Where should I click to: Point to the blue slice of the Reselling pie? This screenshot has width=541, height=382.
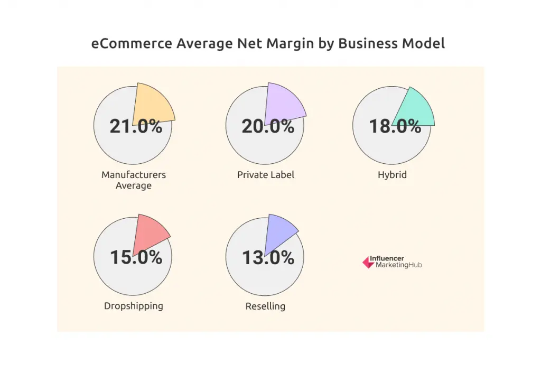coord(280,229)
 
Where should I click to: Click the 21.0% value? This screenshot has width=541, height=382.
coord(136,127)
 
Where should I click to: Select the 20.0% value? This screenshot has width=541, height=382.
coord(268,127)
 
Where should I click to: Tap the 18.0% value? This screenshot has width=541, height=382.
coord(395,127)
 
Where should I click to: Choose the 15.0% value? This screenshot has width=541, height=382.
coord(136,257)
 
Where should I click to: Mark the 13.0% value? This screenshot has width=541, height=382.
coord(268,257)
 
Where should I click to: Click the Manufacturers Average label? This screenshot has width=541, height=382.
coord(134,180)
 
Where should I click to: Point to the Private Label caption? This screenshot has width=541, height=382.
coord(266,174)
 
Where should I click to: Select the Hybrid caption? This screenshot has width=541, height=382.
coord(393,174)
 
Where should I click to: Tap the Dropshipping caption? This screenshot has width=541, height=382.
coord(134,305)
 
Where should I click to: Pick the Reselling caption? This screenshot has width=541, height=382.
coord(265,306)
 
